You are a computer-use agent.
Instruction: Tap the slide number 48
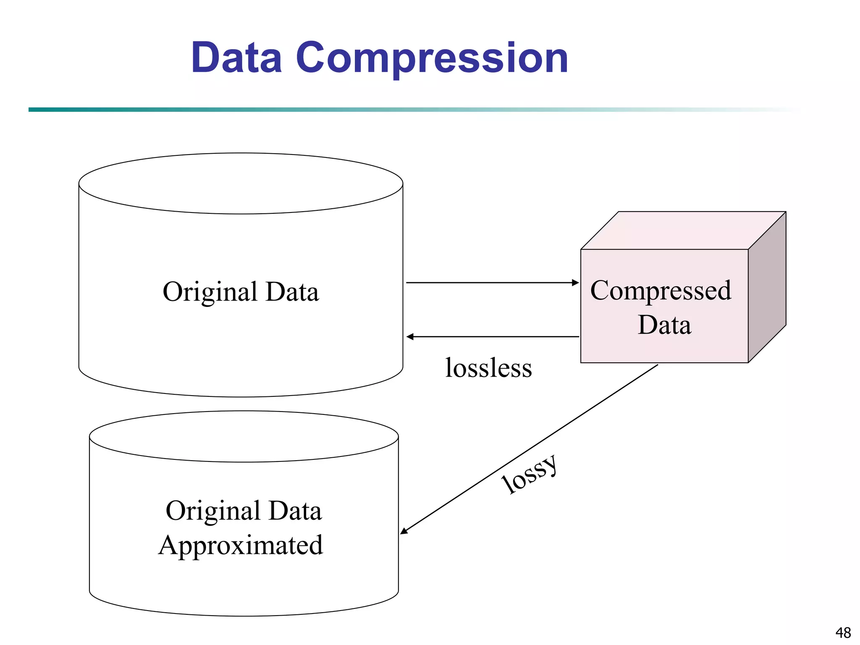[x=843, y=632]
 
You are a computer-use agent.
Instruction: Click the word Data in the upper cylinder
[x=292, y=292]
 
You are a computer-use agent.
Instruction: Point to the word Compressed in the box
[x=661, y=291]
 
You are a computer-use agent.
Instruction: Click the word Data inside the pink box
[x=664, y=325]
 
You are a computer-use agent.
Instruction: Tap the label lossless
[x=488, y=368]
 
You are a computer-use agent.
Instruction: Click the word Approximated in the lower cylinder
[x=241, y=546]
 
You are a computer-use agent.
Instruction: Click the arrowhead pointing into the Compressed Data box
[x=575, y=283]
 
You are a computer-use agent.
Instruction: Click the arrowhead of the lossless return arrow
[x=410, y=337]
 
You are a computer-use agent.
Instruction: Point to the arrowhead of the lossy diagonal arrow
[x=404, y=531]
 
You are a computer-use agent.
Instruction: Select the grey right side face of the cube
[x=767, y=288]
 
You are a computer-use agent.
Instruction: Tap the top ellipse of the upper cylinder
[x=241, y=184]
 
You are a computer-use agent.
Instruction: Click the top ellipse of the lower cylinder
[x=244, y=437]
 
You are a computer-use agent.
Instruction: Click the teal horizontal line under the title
[x=294, y=110]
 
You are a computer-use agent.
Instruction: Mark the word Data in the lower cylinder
[x=295, y=511]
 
